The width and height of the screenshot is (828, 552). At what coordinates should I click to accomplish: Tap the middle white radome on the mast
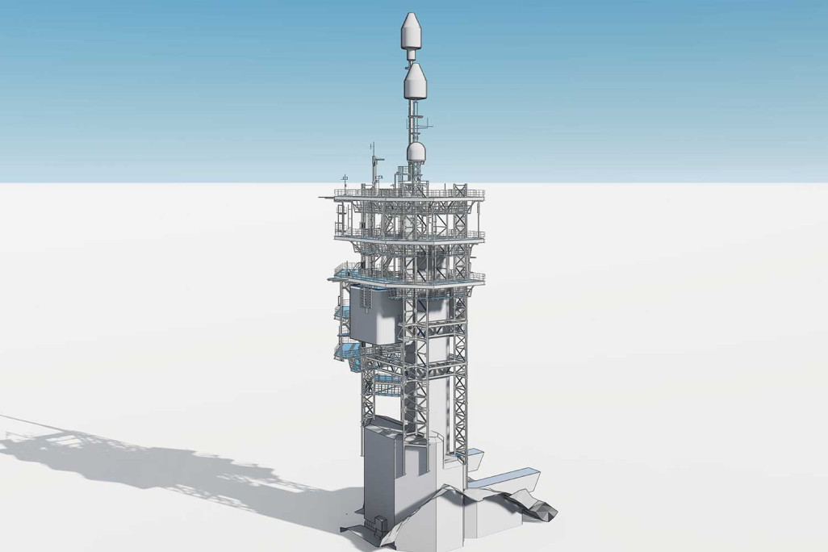coord(415,82)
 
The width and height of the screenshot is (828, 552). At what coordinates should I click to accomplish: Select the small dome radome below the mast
coord(416,153)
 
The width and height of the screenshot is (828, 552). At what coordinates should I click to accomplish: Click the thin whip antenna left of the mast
coord(373,161)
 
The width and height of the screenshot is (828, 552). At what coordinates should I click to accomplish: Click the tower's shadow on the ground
coord(161,460)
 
